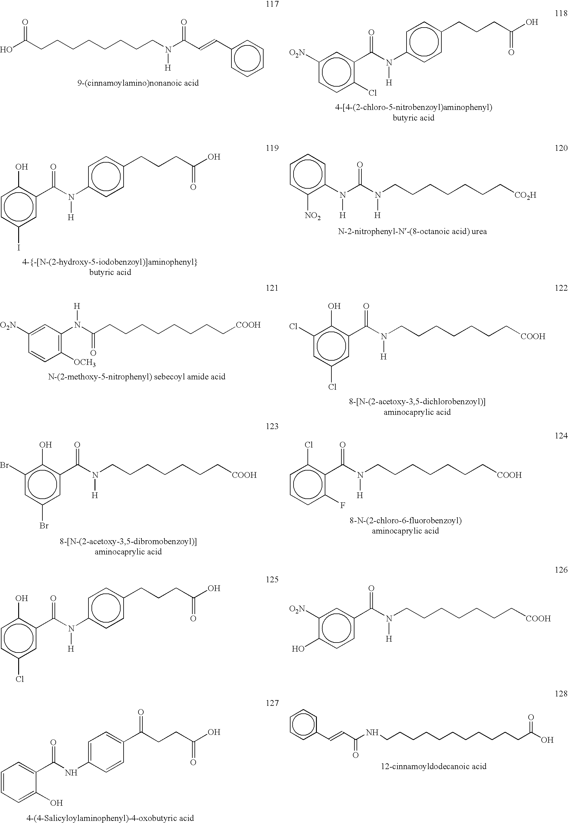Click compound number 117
[272, 4]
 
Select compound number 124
[561, 435]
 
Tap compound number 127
[272, 703]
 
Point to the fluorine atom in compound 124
[342, 505]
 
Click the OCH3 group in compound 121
[85, 363]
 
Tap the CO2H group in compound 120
[525, 195]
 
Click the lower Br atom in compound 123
[44, 526]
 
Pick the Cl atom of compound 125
[20, 679]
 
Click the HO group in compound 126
[298, 649]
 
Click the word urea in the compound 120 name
[479, 232]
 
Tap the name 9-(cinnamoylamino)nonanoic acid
[138, 83]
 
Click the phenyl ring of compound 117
[247, 58]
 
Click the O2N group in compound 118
[297, 53]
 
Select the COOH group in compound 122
[533, 336]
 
